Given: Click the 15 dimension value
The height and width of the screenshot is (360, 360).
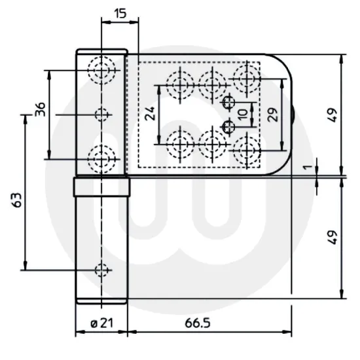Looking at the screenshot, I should click(x=119, y=14).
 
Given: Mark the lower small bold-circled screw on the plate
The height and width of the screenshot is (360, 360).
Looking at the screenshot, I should click(x=228, y=126).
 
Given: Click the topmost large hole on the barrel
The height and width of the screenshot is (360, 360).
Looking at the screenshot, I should click(x=102, y=70).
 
